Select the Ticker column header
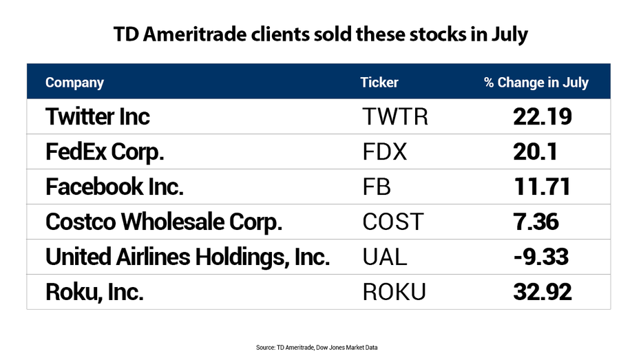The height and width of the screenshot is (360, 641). pos(379,83)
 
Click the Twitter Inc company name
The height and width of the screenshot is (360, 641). pos(97,116)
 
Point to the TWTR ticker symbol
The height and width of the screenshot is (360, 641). pos(395,117)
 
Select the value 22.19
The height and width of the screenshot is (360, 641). pos(542,117)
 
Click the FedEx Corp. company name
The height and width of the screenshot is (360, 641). pos(105,152)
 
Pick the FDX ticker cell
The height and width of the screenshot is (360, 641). pos(385,152)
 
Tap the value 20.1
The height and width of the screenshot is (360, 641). pos(535,152)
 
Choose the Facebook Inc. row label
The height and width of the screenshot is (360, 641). pos(114,187)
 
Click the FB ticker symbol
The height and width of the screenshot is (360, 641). pos(377,187)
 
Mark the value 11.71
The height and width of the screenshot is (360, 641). pos(542,187)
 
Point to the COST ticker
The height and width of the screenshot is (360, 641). pos(393,222)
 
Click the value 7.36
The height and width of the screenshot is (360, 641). pos(536,222)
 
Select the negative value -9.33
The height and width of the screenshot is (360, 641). pos(541,257)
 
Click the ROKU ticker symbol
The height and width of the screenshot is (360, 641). pos(394,293)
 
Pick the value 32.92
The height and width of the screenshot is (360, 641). pos(542,293)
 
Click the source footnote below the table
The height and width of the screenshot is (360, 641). pos(317,348)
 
